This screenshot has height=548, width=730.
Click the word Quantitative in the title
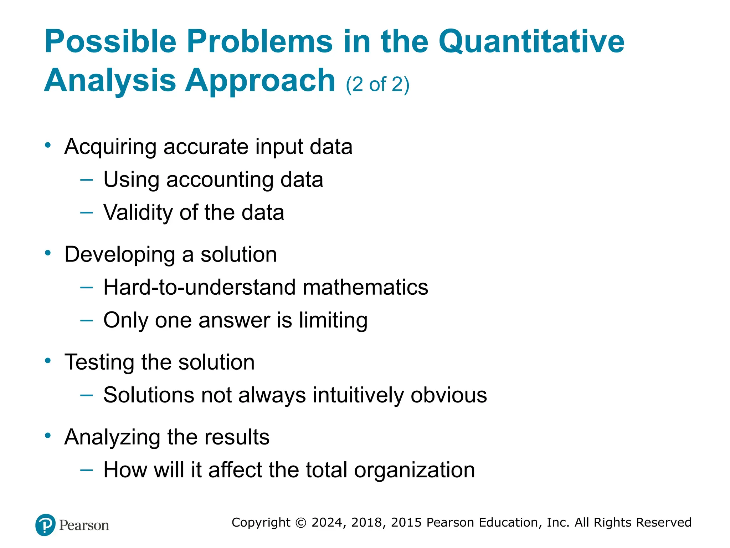point(531,42)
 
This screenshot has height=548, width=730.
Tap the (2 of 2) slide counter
point(377,85)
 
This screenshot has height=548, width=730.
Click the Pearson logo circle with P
point(46,525)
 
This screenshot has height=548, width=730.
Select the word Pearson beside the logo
point(84,526)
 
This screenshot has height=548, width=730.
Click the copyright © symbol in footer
point(301,523)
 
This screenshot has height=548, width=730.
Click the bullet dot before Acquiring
point(48,145)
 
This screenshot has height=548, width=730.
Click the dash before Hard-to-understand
point(87,287)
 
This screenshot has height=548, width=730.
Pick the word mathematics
point(365,287)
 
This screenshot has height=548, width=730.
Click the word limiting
point(333,320)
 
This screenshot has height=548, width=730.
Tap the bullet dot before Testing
point(48,361)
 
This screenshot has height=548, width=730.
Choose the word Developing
point(120,255)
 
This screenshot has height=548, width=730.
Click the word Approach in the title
point(260,81)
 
